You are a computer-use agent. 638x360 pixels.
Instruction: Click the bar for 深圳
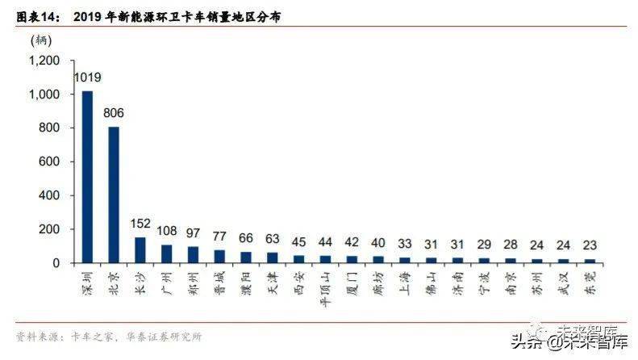click(x=88, y=177)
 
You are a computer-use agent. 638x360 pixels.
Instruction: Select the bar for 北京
click(x=114, y=195)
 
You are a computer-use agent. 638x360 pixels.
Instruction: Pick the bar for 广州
click(x=166, y=253)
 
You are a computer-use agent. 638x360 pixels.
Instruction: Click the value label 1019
click(x=87, y=78)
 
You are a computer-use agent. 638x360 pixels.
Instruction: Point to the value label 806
click(x=114, y=114)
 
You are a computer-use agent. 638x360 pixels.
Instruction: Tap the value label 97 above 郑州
click(x=193, y=232)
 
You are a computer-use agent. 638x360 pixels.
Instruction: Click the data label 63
click(x=272, y=238)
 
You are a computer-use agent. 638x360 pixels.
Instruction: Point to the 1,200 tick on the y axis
click(x=44, y=61)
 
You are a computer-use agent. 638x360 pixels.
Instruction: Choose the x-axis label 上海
click(x=404, y=283)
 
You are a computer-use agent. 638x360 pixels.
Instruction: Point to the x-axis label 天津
click(x=272, y=283)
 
